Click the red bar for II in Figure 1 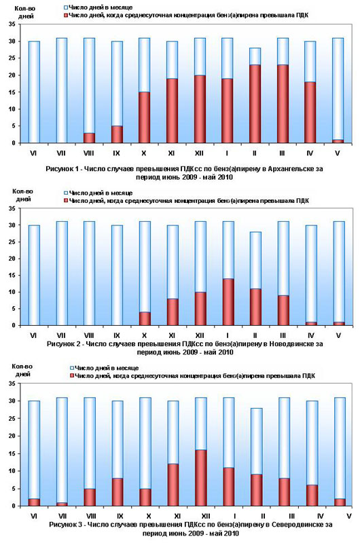pyautogui.click(x=255, y=104)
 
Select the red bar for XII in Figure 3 pyautogui.click(x=200, y=478)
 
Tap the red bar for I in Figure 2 pyautogui.click(x=228, y=302)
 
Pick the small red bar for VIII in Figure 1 pyautogui.click(x=89, y=138)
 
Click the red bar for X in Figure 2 pyautogui.click(x=145, y=318)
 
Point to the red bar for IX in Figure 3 pyautogui.click(x=118, y=492)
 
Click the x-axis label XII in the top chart pyautogui.click(x=199, y=153)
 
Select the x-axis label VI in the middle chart pyautogui.click(x=33, y=335)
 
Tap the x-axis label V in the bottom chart pyautogui.click(x=348, y=516)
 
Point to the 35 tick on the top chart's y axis pyautogui.click(x=12, y=24)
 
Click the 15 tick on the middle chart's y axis pyautogui.click(x=12, y=276)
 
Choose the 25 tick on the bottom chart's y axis pyautogui.click(x=12, y=419)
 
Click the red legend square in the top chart pyautogui.click(x=66, y=15)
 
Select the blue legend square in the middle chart pyautogui.click(x=66, y=193)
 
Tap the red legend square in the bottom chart pyautogui.click(x=72, y=376)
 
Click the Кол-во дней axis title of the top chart pyautogui.click(x=24, y=12)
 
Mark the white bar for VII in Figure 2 pyautogui.click(x=62, y=274)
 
